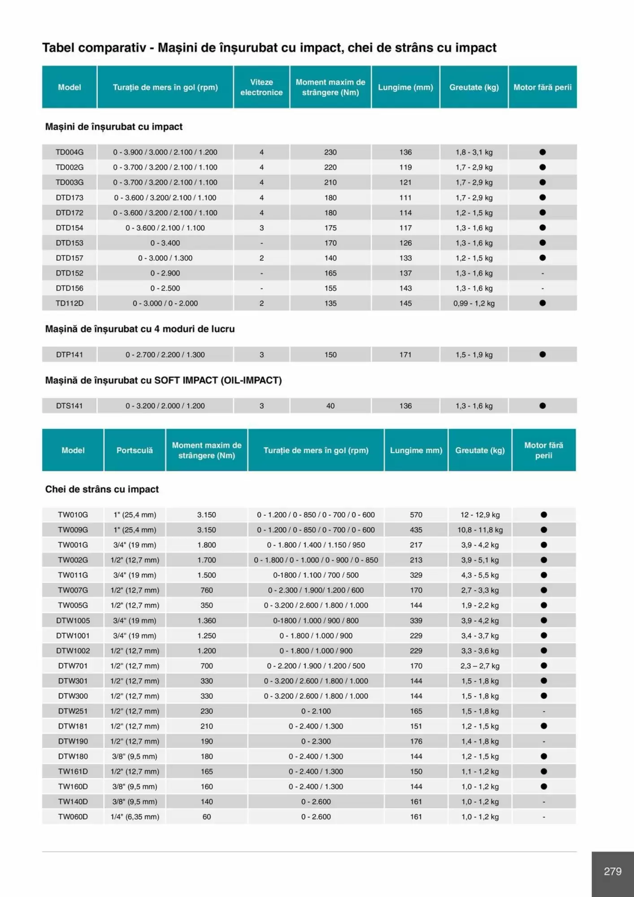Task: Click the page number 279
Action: tap(612, 871)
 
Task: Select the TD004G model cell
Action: tap(69, 152)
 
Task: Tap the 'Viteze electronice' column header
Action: tap(261, 87)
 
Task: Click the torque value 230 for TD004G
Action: tap(330, 152)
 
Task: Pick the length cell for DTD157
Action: tap(405, 258)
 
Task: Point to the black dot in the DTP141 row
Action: tap(543, 354)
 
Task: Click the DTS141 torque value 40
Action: tap(330, 406)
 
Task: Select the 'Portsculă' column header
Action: tap(135, 450)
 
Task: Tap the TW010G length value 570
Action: tap(416, 515)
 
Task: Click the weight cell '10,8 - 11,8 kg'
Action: tap(480, 530)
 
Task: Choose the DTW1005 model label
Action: tap(73, 620)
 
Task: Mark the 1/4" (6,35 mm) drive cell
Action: tap(135, 817)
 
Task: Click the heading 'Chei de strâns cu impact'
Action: tap(102, 489)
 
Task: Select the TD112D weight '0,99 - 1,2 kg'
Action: tap(474, 303)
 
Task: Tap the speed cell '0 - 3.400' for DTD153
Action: tap(165, 243)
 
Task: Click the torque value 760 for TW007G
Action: tap(207, 590)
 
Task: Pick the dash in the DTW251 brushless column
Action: tap(544, 711)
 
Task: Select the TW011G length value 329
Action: tap(416, 575)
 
